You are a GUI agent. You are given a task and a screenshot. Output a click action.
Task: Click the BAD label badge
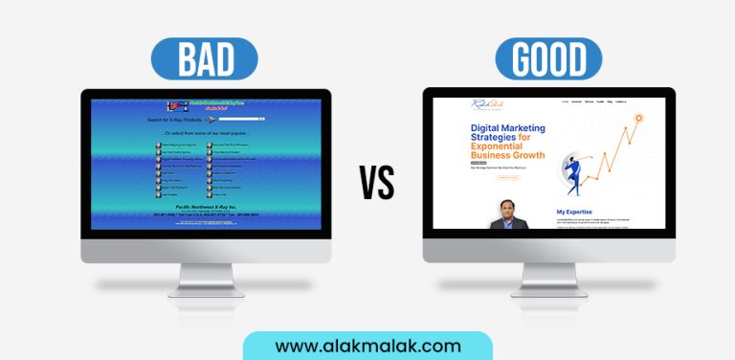pyautogui.click(x=206, y=58)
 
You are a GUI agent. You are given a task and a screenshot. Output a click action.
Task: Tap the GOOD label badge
pyautogui.click(x=548, y=58)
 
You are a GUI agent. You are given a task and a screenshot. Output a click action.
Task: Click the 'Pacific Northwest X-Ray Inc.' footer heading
pyautogui.click(x=205, y=206)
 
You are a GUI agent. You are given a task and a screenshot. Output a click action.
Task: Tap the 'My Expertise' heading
pyautogui.click(x=574, y=212)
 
